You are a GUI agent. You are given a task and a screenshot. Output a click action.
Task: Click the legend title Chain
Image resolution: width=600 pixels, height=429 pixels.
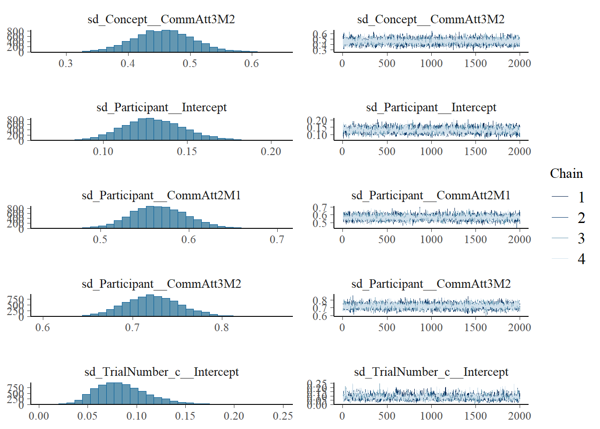pos(566,173)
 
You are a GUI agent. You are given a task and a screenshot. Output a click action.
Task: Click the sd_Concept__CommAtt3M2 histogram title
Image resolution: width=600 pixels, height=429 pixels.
pos(161,19)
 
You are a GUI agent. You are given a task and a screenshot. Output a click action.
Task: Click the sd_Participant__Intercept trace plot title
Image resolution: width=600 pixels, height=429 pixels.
pos(431,107)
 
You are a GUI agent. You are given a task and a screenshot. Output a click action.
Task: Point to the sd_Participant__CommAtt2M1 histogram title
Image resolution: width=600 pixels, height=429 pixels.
pos(161,195)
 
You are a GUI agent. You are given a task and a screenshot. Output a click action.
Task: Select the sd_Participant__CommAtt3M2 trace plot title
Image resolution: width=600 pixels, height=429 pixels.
pos(431,284)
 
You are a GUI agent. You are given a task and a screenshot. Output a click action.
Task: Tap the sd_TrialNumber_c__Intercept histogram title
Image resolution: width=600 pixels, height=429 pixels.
pos(161,372)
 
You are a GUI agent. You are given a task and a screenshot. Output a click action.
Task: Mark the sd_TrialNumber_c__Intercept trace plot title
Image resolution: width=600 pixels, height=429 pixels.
pos(431,372)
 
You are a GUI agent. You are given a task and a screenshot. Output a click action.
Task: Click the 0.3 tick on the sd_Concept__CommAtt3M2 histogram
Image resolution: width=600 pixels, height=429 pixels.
pos(66,63)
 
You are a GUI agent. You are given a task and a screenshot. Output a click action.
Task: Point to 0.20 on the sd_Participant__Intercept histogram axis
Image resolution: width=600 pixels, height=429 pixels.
pos(271,151)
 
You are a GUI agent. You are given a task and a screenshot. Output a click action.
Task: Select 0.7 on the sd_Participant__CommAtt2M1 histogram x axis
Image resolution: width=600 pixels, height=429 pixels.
pos(277,240)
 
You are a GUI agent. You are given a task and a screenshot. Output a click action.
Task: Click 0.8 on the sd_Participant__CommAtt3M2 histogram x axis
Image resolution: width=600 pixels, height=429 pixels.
pos(221,328)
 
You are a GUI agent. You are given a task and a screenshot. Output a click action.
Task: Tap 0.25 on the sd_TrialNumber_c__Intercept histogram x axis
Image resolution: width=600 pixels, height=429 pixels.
pos(283,416)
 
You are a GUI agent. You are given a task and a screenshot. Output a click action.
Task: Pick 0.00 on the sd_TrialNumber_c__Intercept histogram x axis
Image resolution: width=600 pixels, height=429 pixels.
pos(39,416)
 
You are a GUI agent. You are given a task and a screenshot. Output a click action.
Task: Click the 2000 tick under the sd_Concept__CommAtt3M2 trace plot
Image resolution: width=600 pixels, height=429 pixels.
pos(519,63)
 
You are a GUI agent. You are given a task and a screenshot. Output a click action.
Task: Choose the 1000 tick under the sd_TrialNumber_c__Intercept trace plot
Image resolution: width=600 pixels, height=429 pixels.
pos(431,416)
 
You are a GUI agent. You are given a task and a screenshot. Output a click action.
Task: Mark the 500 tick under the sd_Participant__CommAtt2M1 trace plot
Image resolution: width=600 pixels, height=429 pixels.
pos(387,240)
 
